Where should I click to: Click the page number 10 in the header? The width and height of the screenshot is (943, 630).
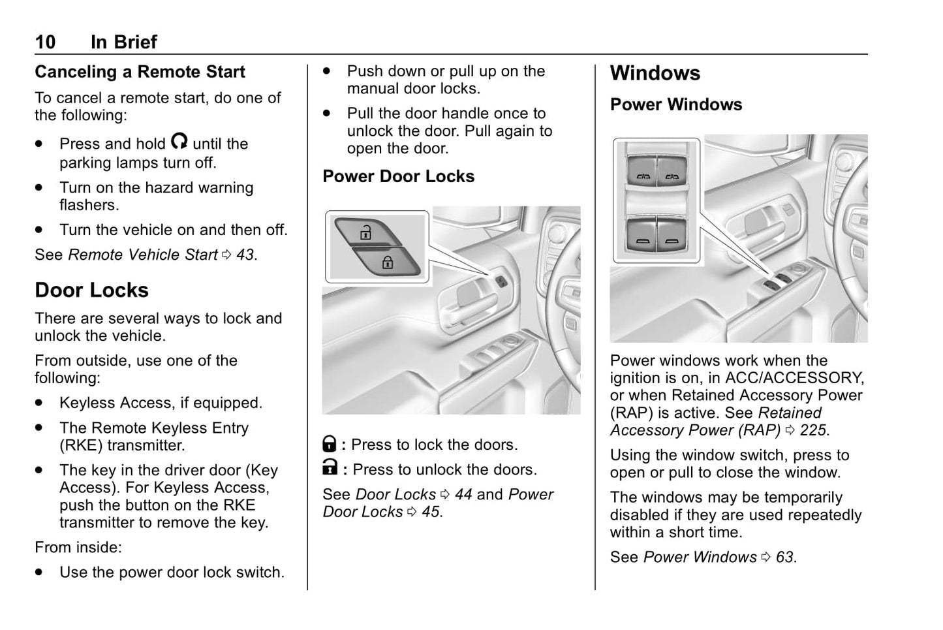pyautogui.click(x=45, y=42)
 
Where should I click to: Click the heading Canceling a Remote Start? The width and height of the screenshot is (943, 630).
pyautogui.click(x=140, y=72)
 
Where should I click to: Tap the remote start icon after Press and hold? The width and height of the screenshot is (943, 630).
pyautogui.click(x=179, y=141)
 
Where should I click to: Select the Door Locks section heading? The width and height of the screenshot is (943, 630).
pyautogui.click(x=91, y=290)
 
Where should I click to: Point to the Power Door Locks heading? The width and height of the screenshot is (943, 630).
pyautogui.click(x=398, y=176)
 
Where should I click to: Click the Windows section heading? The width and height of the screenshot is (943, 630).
pyautogui.click(x=655, y=73)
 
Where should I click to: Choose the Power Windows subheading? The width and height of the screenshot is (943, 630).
pyautogui.click(x=675, y=104)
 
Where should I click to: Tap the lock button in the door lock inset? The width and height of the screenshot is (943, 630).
pyautogui.click(x=387, y=262)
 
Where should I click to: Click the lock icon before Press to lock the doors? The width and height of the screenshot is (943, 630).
pyautogui.click(x=330, y=445)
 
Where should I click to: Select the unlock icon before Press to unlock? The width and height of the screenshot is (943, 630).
pyautogui.click(x=330, y=468)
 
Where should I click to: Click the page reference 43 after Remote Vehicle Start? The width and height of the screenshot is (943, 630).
pyautogui.click(x=245, y=255)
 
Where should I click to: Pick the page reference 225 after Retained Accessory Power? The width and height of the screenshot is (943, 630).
pyautogui.click(x=813, y=430)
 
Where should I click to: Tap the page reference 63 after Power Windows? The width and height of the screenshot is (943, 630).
pyautogui.click(x=784, y=557)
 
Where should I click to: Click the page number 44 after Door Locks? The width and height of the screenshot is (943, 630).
pyautogui.click(x=463, y=494)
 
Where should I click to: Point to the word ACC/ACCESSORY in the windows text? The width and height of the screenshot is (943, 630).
pyautogui.click(x=794, y=378)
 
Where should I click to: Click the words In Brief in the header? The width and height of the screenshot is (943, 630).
pyautogui.click(x=123, y=42)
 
